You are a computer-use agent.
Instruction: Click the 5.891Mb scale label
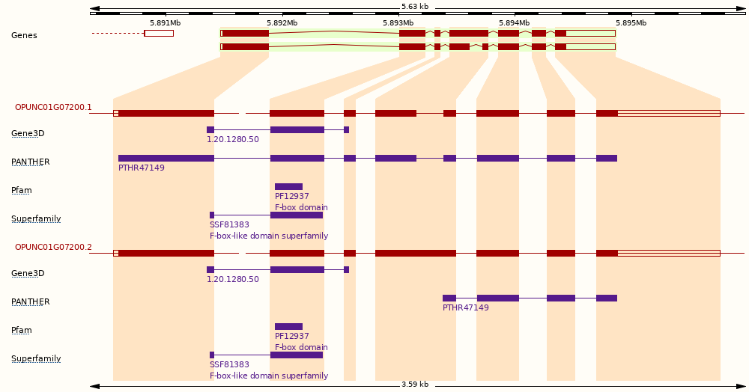tap(166, 23)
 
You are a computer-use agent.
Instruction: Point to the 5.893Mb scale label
tap(398, 23)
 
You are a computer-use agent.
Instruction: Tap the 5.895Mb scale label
tap(631, 23)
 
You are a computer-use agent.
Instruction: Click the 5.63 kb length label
tap(415, 7)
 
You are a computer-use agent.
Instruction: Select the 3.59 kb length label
tap(415, 385)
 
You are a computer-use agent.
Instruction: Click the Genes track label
tap(25, 35)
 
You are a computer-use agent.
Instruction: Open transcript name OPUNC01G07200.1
tap(53, 107)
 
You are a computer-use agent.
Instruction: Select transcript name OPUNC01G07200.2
tap(53, 247)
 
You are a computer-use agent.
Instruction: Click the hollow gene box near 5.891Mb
tap(159, 34)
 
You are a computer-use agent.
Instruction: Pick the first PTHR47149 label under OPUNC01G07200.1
tap(142, 168)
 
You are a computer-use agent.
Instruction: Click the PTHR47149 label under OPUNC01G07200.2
tap(466, 307)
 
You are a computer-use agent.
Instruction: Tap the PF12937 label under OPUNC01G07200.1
tap(292, 196)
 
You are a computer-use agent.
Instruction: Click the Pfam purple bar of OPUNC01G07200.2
tap(288, 327)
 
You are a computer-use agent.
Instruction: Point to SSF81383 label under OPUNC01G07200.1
tap(229, 224)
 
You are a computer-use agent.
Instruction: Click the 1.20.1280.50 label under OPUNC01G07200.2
tap(233, 279)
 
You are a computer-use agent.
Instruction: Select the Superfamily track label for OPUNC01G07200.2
tap(36, 358)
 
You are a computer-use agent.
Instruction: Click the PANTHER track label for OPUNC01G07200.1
tap(31, 162)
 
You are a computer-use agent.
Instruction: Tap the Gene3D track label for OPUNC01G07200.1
tap(28, 133)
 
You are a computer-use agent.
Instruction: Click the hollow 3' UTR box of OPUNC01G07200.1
tap(669, 114)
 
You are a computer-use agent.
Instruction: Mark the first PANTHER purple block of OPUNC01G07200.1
tap(166, 159)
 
